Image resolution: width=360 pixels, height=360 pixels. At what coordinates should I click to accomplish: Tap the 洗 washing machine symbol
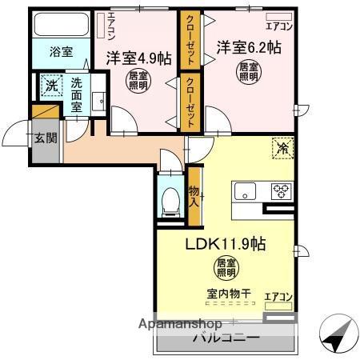[x=50, y=86]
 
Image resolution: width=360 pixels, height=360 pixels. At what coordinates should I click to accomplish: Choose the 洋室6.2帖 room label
[x=248, y=48]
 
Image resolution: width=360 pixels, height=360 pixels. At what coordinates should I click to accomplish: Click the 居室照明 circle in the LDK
[x=226, y=268]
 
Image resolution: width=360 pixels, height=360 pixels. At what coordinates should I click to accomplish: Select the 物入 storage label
[x=194, y=195]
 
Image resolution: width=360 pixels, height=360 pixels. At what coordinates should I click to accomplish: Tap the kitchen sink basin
[x=246, y=192]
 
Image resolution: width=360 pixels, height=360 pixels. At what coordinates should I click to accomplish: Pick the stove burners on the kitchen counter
[x=282, y=191]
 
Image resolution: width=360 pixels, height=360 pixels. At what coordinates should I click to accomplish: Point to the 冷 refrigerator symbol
[x=282, y=148]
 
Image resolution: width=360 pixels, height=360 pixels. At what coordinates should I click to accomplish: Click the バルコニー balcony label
[x=226, y=338]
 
